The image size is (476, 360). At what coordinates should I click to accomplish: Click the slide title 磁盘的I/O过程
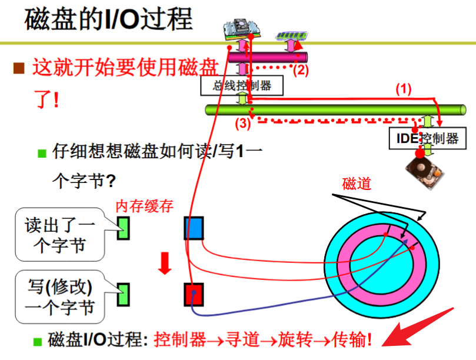108,19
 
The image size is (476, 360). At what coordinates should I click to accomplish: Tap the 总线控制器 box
242,86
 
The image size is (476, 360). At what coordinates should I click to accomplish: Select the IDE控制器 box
427,138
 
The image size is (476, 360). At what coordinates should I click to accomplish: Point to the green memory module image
291,35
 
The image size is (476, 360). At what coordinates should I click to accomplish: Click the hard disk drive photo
425,172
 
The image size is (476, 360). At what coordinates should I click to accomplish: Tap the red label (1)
404,89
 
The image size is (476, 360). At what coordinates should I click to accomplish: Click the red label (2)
301,70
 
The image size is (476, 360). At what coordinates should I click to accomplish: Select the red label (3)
242,124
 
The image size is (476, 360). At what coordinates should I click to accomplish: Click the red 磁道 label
357,184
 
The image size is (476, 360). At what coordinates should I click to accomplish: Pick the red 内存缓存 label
145,206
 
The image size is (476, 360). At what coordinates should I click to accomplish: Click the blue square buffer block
194,228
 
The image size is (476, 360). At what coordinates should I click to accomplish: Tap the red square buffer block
194,295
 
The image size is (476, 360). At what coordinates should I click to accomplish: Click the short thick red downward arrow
165,263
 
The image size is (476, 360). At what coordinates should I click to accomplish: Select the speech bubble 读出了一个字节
60,234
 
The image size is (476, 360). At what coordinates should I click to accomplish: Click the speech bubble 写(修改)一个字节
60,297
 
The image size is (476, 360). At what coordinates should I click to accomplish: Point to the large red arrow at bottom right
417,328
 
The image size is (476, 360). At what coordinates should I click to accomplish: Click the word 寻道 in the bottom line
242,339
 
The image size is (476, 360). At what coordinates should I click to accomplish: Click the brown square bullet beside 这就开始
19,68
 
